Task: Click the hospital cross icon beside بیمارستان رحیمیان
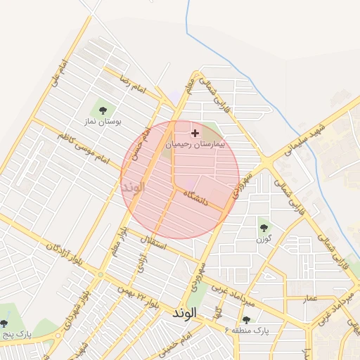click(195, 132)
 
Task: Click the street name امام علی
click(58, 73)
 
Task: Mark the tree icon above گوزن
click(264, 227)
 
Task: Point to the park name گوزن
click(264, 239)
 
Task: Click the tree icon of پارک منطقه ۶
click(245, 319)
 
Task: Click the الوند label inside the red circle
click(132, 188)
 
